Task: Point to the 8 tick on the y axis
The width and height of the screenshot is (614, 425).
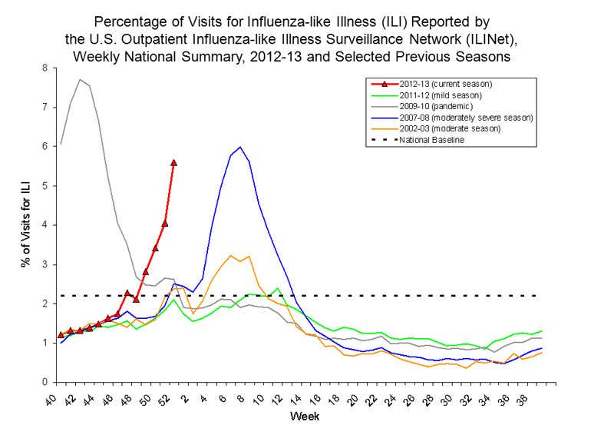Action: coord(45,68)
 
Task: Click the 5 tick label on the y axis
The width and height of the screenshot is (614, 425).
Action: coord(45,186)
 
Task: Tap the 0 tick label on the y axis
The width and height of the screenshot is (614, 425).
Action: coord(45,382)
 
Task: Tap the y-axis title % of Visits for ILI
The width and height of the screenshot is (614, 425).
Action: coord(25,224)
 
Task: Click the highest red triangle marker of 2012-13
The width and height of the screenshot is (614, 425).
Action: coord(174,162)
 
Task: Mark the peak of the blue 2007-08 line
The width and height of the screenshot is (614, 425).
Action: coord(240,147)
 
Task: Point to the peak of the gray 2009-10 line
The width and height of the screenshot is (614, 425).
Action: coord(80,79)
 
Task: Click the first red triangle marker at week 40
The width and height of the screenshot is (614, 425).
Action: coord(61,335)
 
